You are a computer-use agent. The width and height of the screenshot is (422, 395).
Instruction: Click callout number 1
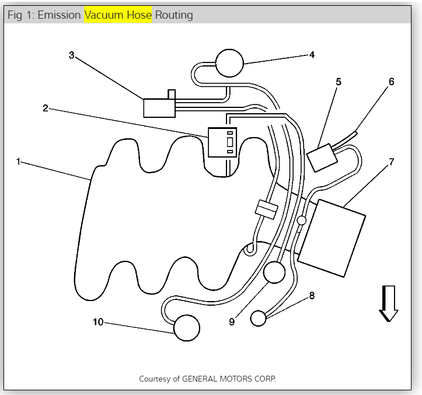[19, 161]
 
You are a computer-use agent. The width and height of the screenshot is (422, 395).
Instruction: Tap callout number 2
[45, 108]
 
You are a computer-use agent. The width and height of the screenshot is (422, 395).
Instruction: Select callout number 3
[71, 55]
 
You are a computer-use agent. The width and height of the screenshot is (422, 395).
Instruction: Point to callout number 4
[312, 55]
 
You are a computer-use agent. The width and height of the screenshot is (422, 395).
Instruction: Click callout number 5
[338, 82]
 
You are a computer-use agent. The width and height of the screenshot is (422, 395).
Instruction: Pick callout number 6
[391, 82]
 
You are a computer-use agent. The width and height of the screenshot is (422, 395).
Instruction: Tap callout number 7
[390, 160]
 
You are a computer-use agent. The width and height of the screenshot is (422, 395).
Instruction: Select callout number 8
[312, 296]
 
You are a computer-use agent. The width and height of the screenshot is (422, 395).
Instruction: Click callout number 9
[232, 321]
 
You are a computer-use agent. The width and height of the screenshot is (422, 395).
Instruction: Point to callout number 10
[97, 321]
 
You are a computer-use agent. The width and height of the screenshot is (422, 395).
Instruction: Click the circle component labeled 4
[229, 62]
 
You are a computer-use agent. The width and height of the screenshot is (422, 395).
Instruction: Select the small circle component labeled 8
[258, 318]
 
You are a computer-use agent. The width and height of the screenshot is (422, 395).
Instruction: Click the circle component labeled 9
[274, 272]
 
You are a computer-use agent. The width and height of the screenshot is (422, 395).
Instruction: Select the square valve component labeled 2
[222, 142]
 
